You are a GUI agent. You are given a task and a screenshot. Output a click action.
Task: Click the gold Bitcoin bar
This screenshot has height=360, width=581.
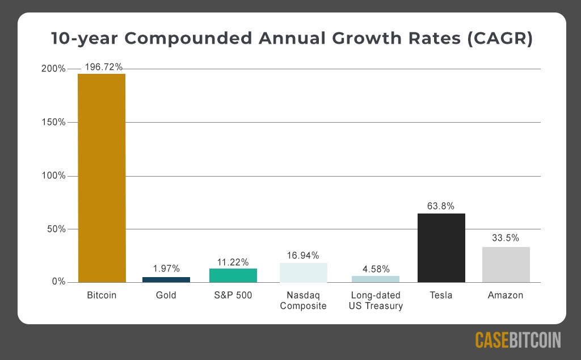pos(102,178)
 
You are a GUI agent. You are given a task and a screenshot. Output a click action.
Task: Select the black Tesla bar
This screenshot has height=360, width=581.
pos(441,248)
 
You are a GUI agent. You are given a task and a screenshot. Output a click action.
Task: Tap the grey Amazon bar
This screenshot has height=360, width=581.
pos(506,265)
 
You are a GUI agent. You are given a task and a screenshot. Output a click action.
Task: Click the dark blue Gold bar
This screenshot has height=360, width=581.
pos(166,279)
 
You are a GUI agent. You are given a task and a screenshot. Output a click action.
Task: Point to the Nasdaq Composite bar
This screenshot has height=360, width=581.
pos(303,273)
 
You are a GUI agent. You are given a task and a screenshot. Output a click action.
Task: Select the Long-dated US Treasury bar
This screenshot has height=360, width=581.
pos(376,279)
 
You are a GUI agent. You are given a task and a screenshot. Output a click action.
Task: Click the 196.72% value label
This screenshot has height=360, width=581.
pos(104,67)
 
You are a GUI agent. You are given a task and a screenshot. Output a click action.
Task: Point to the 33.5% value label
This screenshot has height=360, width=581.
pos(506,238)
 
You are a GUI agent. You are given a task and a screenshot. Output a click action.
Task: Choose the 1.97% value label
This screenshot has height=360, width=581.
pos(166,268)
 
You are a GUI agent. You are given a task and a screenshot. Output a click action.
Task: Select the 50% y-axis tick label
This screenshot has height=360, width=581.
pos(56,229)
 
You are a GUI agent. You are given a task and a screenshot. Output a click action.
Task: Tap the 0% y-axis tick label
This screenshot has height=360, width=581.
pos(58,283)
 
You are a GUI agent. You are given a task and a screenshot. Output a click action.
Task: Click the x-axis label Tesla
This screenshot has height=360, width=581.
pos(441,295)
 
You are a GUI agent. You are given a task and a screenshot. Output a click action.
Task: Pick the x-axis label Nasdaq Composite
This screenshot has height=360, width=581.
pos(303,300)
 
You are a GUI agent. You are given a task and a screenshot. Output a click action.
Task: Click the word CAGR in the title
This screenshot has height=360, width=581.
pos(499,39)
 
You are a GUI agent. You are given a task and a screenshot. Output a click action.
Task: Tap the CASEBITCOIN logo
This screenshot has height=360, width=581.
pos(517,340)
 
